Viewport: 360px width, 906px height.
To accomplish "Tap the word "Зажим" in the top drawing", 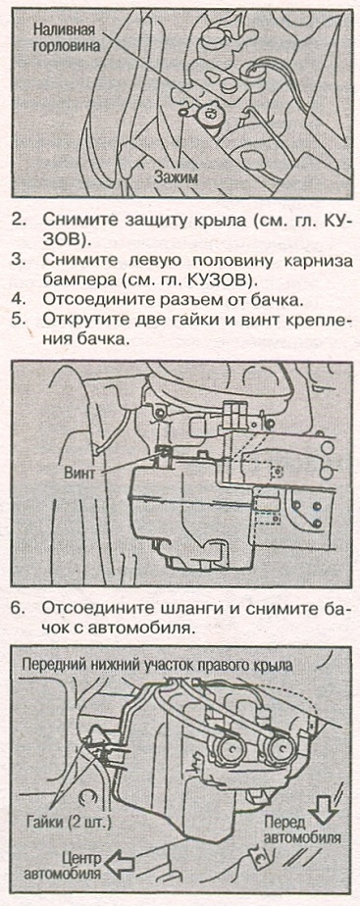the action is tap(177, 177).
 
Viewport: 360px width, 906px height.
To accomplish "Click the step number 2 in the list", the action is tap(19, 221).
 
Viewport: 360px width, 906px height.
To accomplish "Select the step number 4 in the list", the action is tap(19, 300).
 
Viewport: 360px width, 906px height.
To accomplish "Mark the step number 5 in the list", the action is tap(19, 322).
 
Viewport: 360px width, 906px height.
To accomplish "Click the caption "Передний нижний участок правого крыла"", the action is tap(157, 665).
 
